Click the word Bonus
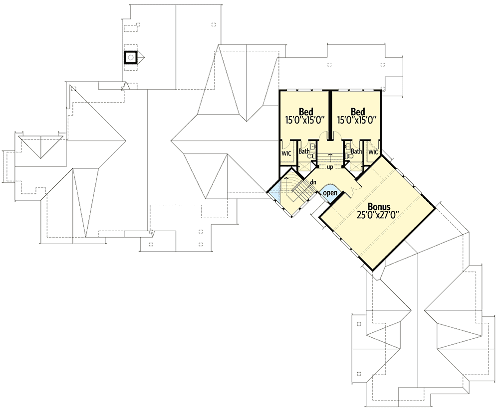(x=380, y=206)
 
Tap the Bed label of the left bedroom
(x=305, y=111)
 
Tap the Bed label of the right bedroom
(x=358, y=111)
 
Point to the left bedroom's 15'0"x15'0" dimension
(x=305, y=120)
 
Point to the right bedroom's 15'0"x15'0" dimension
(x=358, y=120)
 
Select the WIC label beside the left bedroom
(x=286, y=153)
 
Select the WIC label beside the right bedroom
(x=373, y=151)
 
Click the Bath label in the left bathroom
(x=303, y=151)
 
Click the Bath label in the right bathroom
(x=356, y=151)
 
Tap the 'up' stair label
(x=330, y=167)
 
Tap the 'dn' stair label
(x=313, y=182)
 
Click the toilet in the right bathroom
(x=350, y=156)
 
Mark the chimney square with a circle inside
(x=130, y=57)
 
